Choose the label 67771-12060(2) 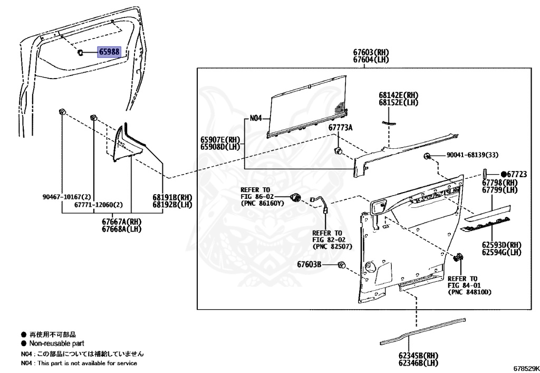click(99, 204)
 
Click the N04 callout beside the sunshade click(256, 118)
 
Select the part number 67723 click(518, 174)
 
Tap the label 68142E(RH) click(398, 95)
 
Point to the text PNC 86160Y click(263, 203)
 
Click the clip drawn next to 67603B click(342, 264)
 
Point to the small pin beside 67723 click(485, 175)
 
